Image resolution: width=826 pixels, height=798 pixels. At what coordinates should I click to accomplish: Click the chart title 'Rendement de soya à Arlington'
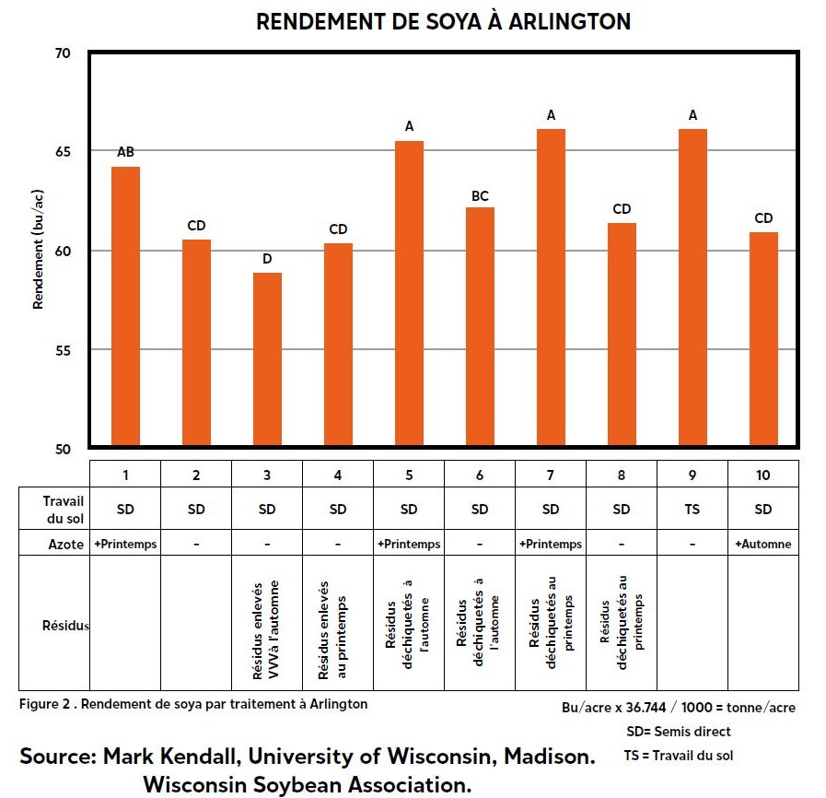pos(443,22)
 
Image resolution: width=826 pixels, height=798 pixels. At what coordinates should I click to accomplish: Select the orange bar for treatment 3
pos(267,359)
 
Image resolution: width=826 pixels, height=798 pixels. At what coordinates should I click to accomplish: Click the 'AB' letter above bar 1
pos(125,152)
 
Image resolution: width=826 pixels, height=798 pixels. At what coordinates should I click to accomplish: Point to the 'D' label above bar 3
pos(267,259)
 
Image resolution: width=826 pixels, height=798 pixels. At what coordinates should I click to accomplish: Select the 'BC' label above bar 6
pos(480,196)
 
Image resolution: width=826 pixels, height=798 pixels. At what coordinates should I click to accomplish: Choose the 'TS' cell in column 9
pos(692,510)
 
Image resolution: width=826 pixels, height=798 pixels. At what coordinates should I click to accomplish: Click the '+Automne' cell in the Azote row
pos(763,544)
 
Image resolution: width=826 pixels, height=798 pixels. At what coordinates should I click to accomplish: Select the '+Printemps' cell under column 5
pos(409,544)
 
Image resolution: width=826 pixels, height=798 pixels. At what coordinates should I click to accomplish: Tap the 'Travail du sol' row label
pos(63,509)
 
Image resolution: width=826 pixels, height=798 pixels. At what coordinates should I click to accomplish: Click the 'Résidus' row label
pos(64,626)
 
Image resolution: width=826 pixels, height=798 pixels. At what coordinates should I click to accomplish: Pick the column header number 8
pos(622,475)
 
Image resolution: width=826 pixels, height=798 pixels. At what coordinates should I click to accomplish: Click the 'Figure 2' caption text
pos(193,704)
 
